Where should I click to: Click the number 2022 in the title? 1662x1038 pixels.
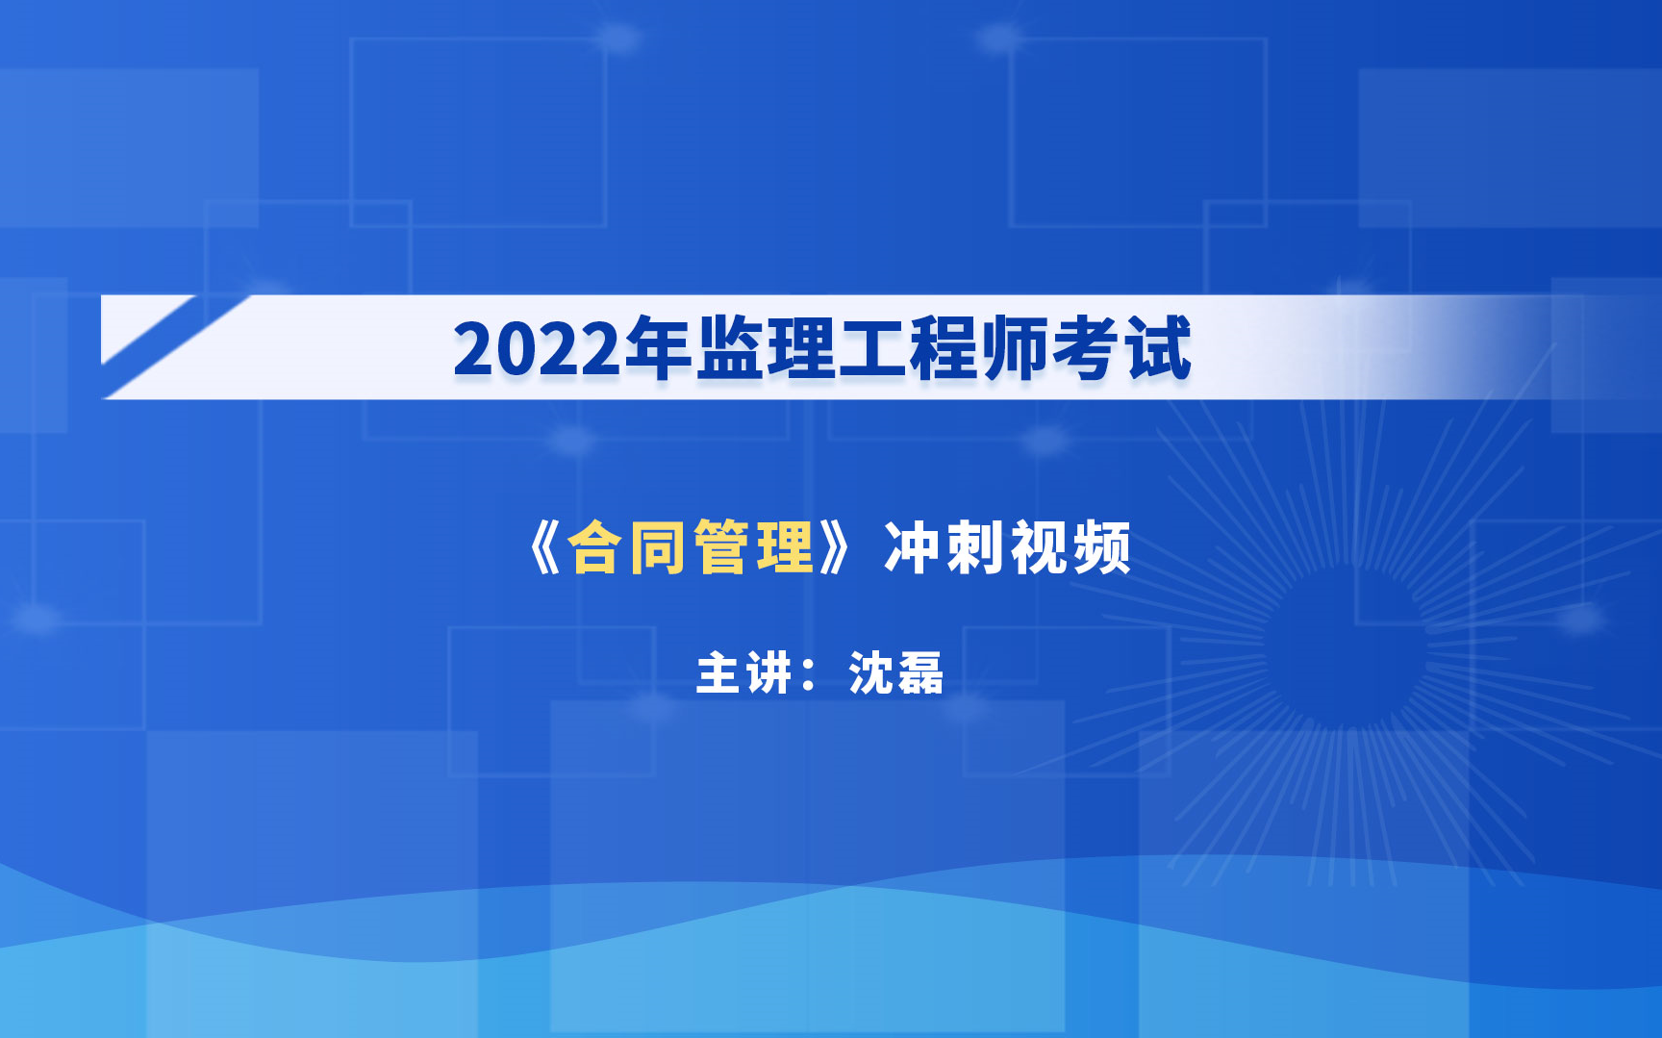coord(537,349)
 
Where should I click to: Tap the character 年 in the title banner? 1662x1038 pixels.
coord(658,348)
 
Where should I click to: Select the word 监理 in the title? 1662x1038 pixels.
coord(766,348)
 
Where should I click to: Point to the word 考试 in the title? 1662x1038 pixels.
coord(1121,348)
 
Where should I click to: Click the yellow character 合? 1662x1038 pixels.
coord(594,548)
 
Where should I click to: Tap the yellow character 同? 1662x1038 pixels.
coord(658,548)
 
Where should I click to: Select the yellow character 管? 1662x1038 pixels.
coord(721,548)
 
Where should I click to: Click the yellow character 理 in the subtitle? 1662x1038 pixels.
coord(785,548)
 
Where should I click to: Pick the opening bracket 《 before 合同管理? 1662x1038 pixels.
coord(543,548)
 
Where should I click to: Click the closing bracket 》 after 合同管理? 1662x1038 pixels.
coord(834,548)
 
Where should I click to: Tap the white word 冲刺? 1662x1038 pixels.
coord(944,548)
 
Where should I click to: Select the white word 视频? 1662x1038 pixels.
coord(1070,548)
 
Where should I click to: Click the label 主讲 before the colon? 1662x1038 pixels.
coord(744,672)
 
